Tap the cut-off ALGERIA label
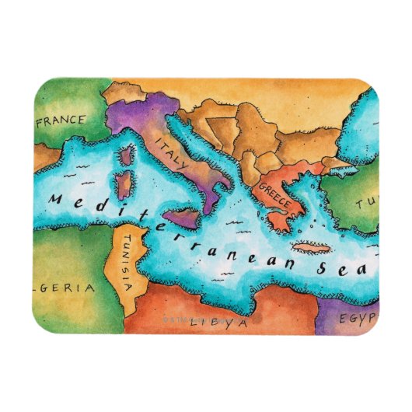(x=65, y=288)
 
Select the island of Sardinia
(x=123, y=186)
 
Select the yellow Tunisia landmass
(x=129, y=257)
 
